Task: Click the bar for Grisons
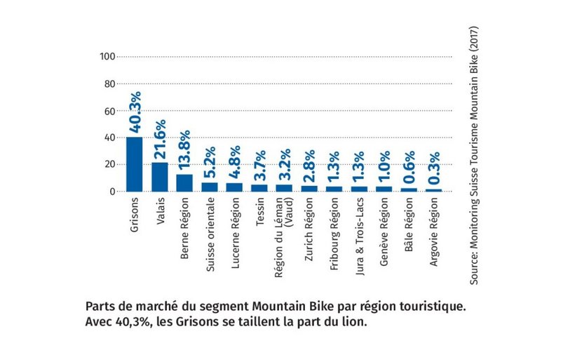coord(134,164)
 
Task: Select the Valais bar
coord(159,176)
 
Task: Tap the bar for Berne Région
coord(184,182)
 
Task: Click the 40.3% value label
coord(135,112)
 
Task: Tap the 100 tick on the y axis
coord(107,57)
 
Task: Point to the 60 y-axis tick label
coord(109,111)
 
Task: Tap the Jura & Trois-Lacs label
coord(360,231)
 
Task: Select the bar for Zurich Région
coord(311,187)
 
